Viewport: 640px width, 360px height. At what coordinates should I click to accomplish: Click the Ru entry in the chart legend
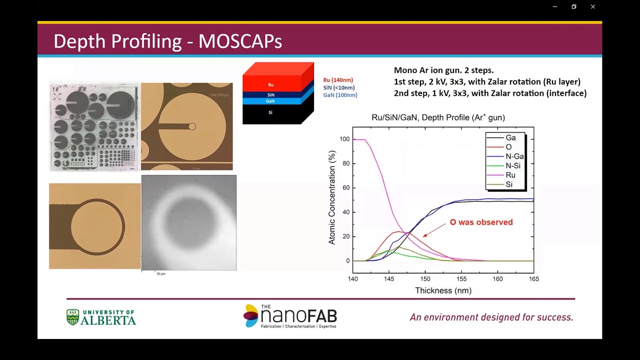pos(510,175)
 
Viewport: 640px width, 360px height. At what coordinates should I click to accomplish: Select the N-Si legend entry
pos(512,165)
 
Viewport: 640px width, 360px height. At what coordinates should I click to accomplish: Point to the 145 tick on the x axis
pos(389,278)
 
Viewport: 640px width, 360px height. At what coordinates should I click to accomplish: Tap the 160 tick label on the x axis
pos(497,278)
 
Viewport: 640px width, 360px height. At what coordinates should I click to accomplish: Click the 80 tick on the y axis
pos(344,163)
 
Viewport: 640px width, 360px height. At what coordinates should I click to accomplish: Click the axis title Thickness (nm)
pos(443,290)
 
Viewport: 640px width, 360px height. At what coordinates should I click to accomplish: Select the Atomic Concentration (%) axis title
pos(332,197)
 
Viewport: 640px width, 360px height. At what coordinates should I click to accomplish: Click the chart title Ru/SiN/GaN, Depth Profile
pos(438,117)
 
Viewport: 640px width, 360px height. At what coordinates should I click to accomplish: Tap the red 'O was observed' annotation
pos(481,222)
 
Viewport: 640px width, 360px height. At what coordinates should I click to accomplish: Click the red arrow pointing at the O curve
pos(434,229)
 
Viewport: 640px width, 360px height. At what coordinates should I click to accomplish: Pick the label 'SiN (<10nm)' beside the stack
pos(338,87)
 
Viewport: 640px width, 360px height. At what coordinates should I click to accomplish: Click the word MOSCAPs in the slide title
pos(240,41)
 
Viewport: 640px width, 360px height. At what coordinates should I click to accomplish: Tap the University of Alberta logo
pos(101,317)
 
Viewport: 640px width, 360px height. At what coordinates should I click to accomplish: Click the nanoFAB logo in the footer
pos(290,316)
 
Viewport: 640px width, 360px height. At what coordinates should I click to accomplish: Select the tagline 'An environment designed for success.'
pos(491,317)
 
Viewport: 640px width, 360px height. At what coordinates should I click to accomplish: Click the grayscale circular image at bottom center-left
pos(188,222)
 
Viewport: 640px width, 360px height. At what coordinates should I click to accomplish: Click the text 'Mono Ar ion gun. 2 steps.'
pos(443,70)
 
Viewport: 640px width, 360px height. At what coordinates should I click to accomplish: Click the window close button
pos(592,6)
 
